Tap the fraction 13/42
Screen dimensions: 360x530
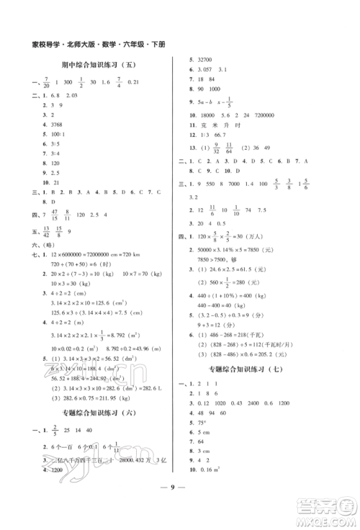[48, 232]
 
